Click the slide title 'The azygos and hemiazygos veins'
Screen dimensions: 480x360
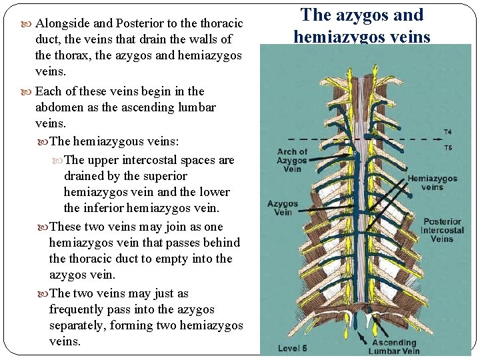click(362, 25)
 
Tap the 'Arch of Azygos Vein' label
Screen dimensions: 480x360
click(292, 161)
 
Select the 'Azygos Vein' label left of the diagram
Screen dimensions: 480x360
click(283, 208)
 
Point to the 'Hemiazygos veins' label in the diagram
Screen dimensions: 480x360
click(432, 183)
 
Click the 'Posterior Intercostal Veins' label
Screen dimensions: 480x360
click(442, 230)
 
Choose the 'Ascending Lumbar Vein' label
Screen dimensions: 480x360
click(394, 347)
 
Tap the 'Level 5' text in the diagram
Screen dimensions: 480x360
click(293, 348)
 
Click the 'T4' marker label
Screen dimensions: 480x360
click(447, 132)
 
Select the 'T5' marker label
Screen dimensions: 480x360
click(447, 147)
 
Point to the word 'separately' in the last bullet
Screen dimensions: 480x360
click(81, 325)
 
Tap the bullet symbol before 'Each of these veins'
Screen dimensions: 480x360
click(27, 91)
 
